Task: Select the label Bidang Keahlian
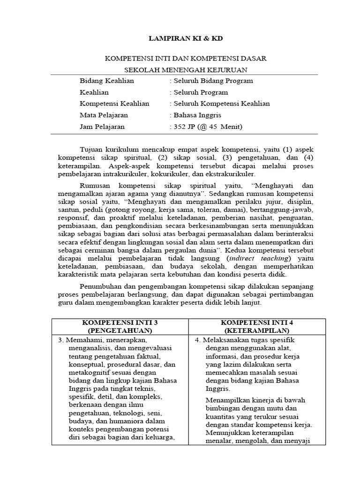(107, 81)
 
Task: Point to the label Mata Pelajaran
(104, 115)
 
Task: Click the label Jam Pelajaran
(103, 127)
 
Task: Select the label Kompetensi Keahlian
(114, 104)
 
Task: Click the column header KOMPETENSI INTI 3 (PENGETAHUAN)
(120, 326)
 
